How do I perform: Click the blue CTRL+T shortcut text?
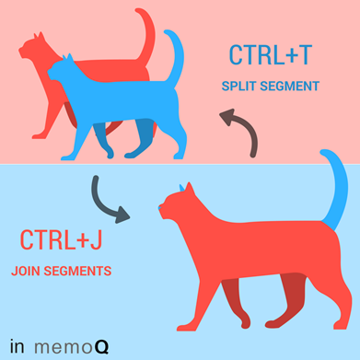tap(271, 55)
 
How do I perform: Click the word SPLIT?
tap(239, 87)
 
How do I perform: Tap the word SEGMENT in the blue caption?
tap(290, 87)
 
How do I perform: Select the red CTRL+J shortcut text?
tap(61, 240)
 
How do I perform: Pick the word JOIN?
tap(26, 271)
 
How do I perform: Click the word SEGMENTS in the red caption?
tap(77, 271)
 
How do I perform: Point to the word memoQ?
tap(72, 346)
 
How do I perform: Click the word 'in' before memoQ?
tap(17, 346)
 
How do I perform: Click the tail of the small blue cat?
tap(176, 57)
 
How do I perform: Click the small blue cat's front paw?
tap(68, 157)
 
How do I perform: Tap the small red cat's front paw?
tap(39, 136)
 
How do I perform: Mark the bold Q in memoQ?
tap(102, 347)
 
